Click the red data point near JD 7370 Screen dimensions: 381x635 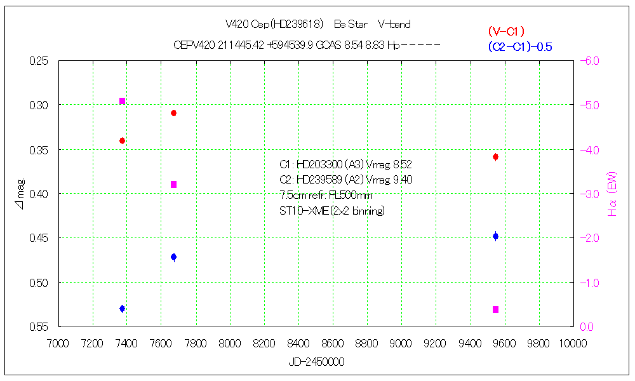tap(122, 140)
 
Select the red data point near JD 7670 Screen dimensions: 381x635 tap(173, 113)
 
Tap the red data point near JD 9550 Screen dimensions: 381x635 tap(495, 157)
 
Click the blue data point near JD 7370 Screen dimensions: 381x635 tap(122, 309)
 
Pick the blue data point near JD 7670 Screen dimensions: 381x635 tap(173, 257)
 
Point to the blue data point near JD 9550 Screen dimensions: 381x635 tap(495, 236)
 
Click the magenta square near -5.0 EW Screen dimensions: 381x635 tap(122, 101)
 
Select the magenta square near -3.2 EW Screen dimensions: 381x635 tap(173, 185)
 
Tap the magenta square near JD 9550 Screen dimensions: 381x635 tap(495, 310)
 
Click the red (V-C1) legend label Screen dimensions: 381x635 tap(506, 31)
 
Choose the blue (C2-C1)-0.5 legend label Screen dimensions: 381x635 tap(519, 46)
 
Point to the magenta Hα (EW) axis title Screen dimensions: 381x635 tap(613, 194)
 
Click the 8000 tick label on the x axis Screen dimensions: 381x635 tap(230, 343)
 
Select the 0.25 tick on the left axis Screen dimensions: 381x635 tap(39, 61)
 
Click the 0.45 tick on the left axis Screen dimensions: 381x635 tap(39, 238)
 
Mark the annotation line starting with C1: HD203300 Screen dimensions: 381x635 tap(345, 164)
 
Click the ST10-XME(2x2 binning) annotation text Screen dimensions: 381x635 tap(331, 211)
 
